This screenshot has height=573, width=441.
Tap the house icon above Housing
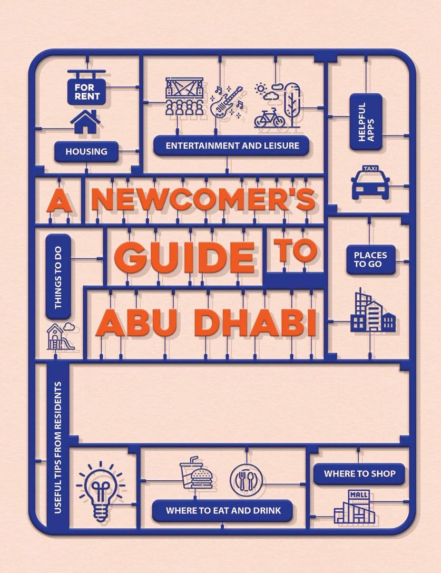click(86, 122)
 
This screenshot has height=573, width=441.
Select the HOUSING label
click(86, 152)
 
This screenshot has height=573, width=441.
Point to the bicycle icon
click(269, 118)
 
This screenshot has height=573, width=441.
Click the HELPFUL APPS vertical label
click(365, 122)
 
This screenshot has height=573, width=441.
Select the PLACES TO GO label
click(370, 259)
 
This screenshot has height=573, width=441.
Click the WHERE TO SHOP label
click(359, 474)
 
